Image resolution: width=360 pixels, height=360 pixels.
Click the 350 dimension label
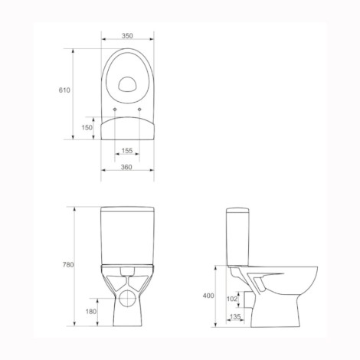[x=127, y=36]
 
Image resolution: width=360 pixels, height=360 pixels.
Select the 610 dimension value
[x=64, y=90]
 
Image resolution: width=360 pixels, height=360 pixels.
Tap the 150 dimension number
[x=87, y=127]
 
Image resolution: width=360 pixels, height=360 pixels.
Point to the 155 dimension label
[x=127, y=151]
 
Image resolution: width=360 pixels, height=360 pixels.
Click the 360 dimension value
[x=126, y=167]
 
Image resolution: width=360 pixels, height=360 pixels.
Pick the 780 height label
[x=68, y=265]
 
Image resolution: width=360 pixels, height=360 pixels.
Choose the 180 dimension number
[x=91, y=312]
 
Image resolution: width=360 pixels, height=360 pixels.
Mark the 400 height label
[x=208, y=296]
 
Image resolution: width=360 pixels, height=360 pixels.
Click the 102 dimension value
[x=232, y=299]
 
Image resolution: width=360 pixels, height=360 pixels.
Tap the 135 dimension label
[x=235, y=316]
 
